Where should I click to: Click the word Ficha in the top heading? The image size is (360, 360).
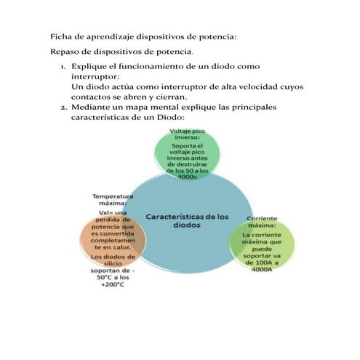(60, 36)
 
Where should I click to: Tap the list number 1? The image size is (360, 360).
(63, 66)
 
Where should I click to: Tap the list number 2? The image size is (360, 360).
(63, 107)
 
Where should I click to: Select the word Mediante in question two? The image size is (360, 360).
(92, 107)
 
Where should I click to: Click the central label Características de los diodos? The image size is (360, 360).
(187, 221)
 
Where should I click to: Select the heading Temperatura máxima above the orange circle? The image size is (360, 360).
(113, 200)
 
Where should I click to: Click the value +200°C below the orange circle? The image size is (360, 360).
(113, 284)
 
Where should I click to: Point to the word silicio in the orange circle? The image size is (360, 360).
(113, 264)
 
